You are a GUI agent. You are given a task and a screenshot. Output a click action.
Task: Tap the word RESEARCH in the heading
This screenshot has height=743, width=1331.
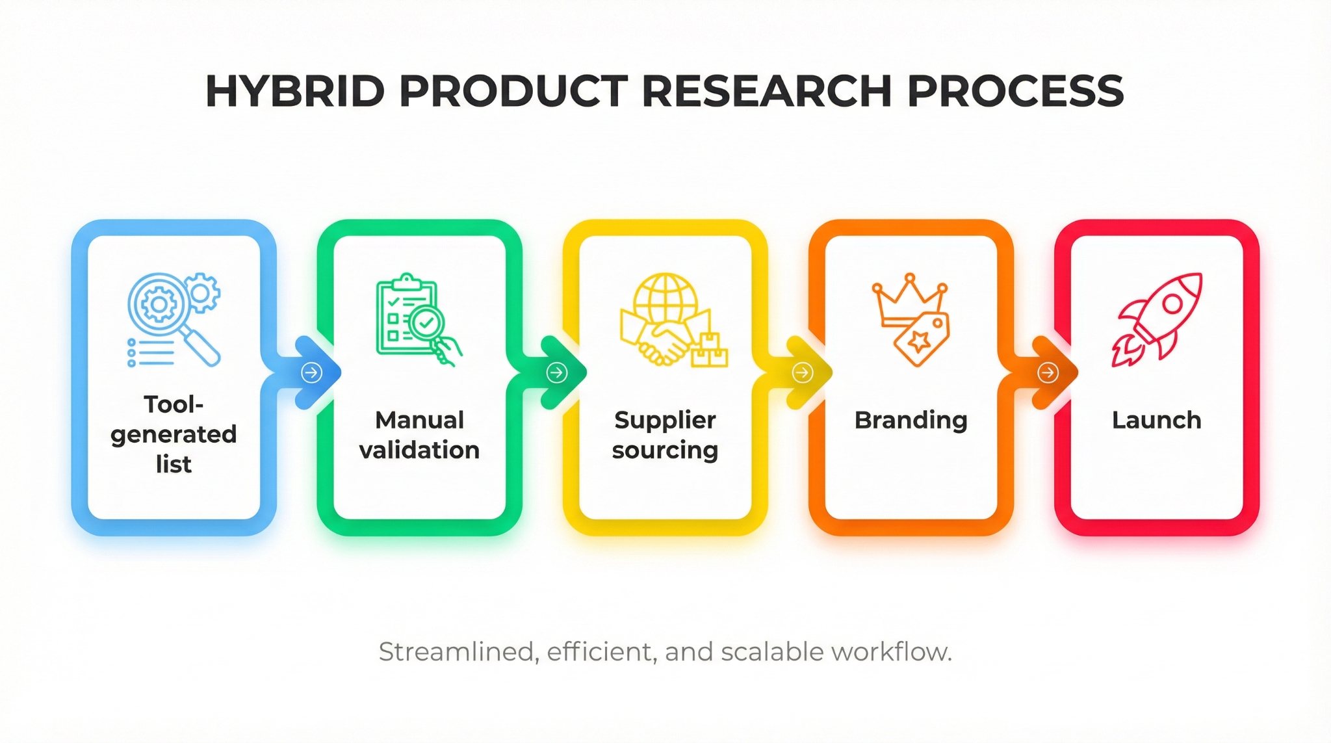point(766,91)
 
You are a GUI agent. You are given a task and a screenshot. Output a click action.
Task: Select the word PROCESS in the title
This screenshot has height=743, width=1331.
point(1015,91)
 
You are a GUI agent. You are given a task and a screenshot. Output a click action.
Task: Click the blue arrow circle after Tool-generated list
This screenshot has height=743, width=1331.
point(312,372)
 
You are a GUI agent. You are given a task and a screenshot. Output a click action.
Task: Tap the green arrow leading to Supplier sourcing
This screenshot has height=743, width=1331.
point(557,372)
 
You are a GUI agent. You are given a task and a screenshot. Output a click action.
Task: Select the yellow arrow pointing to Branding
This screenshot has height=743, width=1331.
point(803,372)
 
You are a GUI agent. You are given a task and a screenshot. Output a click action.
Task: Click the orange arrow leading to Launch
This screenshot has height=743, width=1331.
point(1048,372)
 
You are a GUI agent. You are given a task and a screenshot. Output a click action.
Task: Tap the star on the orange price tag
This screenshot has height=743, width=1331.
point(919,340)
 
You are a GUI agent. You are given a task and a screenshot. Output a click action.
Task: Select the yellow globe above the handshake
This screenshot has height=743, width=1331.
point(665,298)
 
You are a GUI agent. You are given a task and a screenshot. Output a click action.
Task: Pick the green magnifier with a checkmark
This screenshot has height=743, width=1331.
point(426,322)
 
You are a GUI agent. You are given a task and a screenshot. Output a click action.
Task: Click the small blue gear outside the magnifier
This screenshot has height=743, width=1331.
point(202,293)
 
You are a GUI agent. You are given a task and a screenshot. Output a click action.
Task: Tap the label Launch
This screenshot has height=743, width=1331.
point(1156,420)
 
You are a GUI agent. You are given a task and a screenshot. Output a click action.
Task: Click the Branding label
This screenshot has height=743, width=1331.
point(911,420)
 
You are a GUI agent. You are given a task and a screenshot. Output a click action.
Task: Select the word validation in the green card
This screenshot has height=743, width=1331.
point(419,450)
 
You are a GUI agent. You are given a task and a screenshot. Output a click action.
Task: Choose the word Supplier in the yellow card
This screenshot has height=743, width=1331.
point(665,420)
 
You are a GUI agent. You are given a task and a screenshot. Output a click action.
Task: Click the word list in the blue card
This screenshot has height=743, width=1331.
point(174,464)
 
